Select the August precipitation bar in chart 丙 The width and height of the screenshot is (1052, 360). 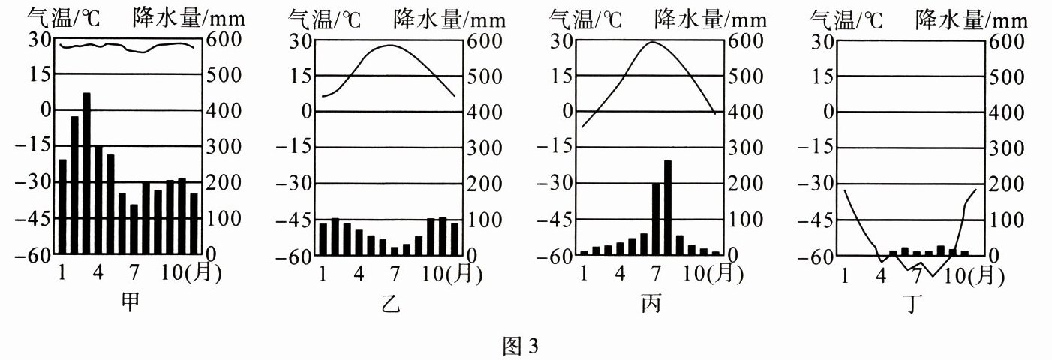(x=667, y=208)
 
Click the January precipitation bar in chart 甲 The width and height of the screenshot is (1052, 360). (x=62, y=207)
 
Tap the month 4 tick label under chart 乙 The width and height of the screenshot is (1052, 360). (x=359, y=274)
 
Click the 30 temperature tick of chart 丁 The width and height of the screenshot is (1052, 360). (x=823, y=41)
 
